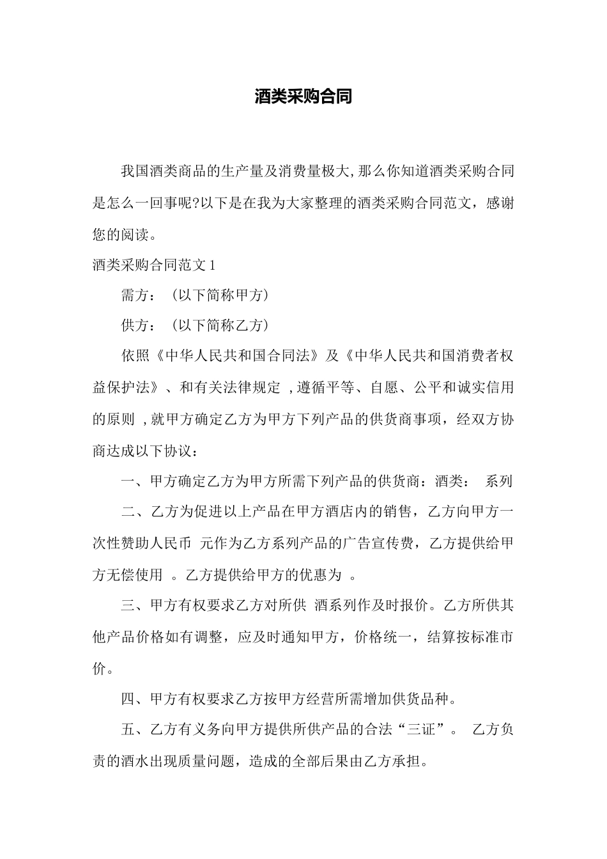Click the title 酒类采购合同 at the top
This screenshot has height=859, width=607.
click(303, 97)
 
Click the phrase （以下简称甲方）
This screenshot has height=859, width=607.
click(220, 295)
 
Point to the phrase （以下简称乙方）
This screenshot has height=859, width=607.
click(220, 325)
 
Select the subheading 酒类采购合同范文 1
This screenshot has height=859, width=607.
click(155, 265)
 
